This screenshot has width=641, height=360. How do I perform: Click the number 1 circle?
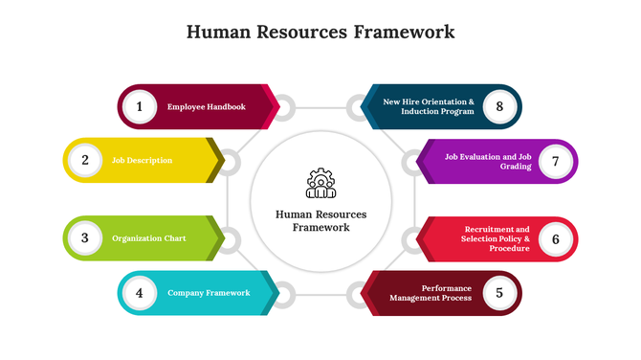pos(140,106)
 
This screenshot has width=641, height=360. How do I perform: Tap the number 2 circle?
pos(85,160)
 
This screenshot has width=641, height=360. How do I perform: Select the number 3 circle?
pos(85,237)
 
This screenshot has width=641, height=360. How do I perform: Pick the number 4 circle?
pos(140,293)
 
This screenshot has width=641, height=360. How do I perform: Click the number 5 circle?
pos(498,293)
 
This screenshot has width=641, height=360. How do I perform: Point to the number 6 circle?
pos(555,238)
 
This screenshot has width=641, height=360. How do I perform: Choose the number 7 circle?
pos(555,161)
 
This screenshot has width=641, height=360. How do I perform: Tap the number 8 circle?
pos(498,106)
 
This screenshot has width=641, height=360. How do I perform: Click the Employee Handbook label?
pos(207,106)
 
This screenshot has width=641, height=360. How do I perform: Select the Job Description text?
pos(143,160)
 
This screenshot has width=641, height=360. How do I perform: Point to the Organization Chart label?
pos(149,237)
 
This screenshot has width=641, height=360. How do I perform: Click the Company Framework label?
pos(209,293)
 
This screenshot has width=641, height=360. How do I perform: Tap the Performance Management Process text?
pos(431,293)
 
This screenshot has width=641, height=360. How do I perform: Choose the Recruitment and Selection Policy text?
pos(497,238)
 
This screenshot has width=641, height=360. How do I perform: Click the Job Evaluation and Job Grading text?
pos(488,161)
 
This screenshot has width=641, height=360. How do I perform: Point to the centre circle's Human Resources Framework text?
pos(320,221)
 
